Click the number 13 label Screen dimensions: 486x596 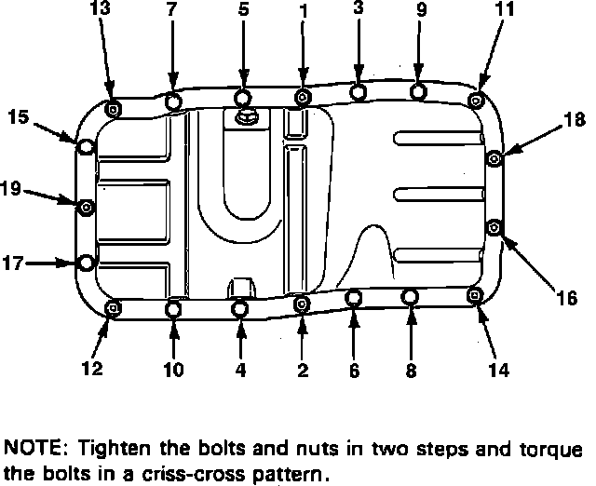tap(99, 9)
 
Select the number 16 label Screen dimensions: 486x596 tap(567, 299)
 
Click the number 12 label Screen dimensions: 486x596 tap(91, 369)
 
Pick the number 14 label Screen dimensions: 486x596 tap(498, 369)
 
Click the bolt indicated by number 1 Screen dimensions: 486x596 tap(303, 96)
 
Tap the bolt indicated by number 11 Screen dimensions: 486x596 tap(476, 100)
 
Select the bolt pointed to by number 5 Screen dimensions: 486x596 tap(242, 99)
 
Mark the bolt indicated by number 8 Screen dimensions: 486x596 tap(410, 298)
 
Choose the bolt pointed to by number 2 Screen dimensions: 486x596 tap(302, 304)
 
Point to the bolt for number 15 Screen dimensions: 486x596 tap(85, 148)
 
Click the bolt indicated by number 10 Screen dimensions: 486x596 tap(174, 308)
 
